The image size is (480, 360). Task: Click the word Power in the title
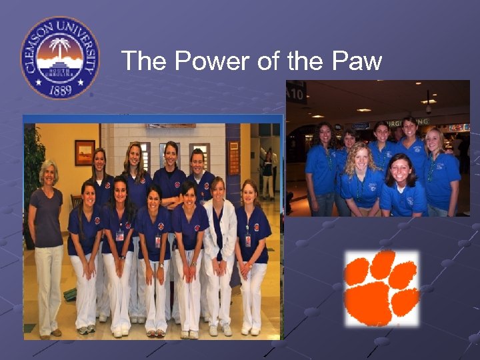[x=204, y=62]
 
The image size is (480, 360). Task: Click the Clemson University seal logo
[x=60, y=57]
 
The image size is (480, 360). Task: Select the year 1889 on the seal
[x=60, y=88]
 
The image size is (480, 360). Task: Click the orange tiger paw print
[x=381, y=288]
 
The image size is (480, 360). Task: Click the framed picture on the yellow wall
[x=85, y=152]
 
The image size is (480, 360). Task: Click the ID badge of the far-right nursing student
[x=248, y=240]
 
